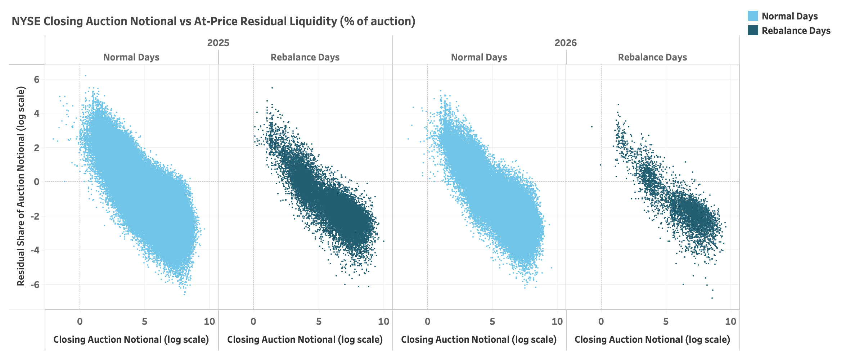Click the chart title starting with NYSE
pyautogui.click(x=213, y=22)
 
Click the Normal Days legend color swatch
pyautogui.click(x=753, y=16)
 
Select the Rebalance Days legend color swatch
pyautogui.click(x=753, y=31)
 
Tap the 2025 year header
pyautogui.click(x=218, y=43)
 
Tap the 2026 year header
pyautogui.click(x=566, y=43)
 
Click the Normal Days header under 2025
pyautogui.click(x=131, y=57)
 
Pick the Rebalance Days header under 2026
pyautogui.click(x=652, y=57)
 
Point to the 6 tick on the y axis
pyautogui.click(x=37, y=79)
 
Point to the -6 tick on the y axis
pyautogui.click(x=35, y=285)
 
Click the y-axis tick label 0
pyautogui.click(x=37, y=182)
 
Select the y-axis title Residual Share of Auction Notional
pyautogui.click(x=21, y=186)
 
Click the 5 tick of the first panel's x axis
pyautogui.click(x=144, y=321)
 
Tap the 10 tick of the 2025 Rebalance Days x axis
pyautogui.click(x=383, y=321)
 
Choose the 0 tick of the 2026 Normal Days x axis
pyautogui.click(x=427, y=321)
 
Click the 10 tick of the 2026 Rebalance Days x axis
pyautogui.click(x=730, y=321)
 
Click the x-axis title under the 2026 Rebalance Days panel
pyautogui.click(x=652, y=339)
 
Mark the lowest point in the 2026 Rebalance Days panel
pyautogui.click(x=712, y=298)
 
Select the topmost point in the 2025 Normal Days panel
pyautogui.click(x=85, y=76)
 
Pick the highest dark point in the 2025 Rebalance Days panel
pyautogui.click(x=272, y=87)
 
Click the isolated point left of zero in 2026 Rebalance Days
pyautogui.click(x=591, y=127)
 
